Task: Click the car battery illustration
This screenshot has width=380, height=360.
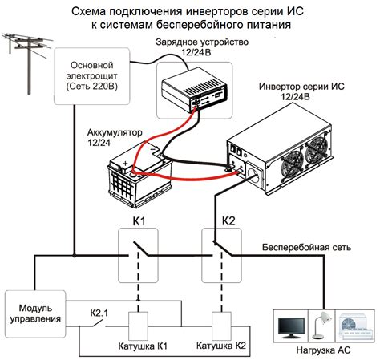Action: pyautogui.click(x=141, y=180)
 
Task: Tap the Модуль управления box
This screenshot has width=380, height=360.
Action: pyautogui.click(x=30, y=313)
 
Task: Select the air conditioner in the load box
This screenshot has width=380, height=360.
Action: pyautogui.click(x=354, y=324)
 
